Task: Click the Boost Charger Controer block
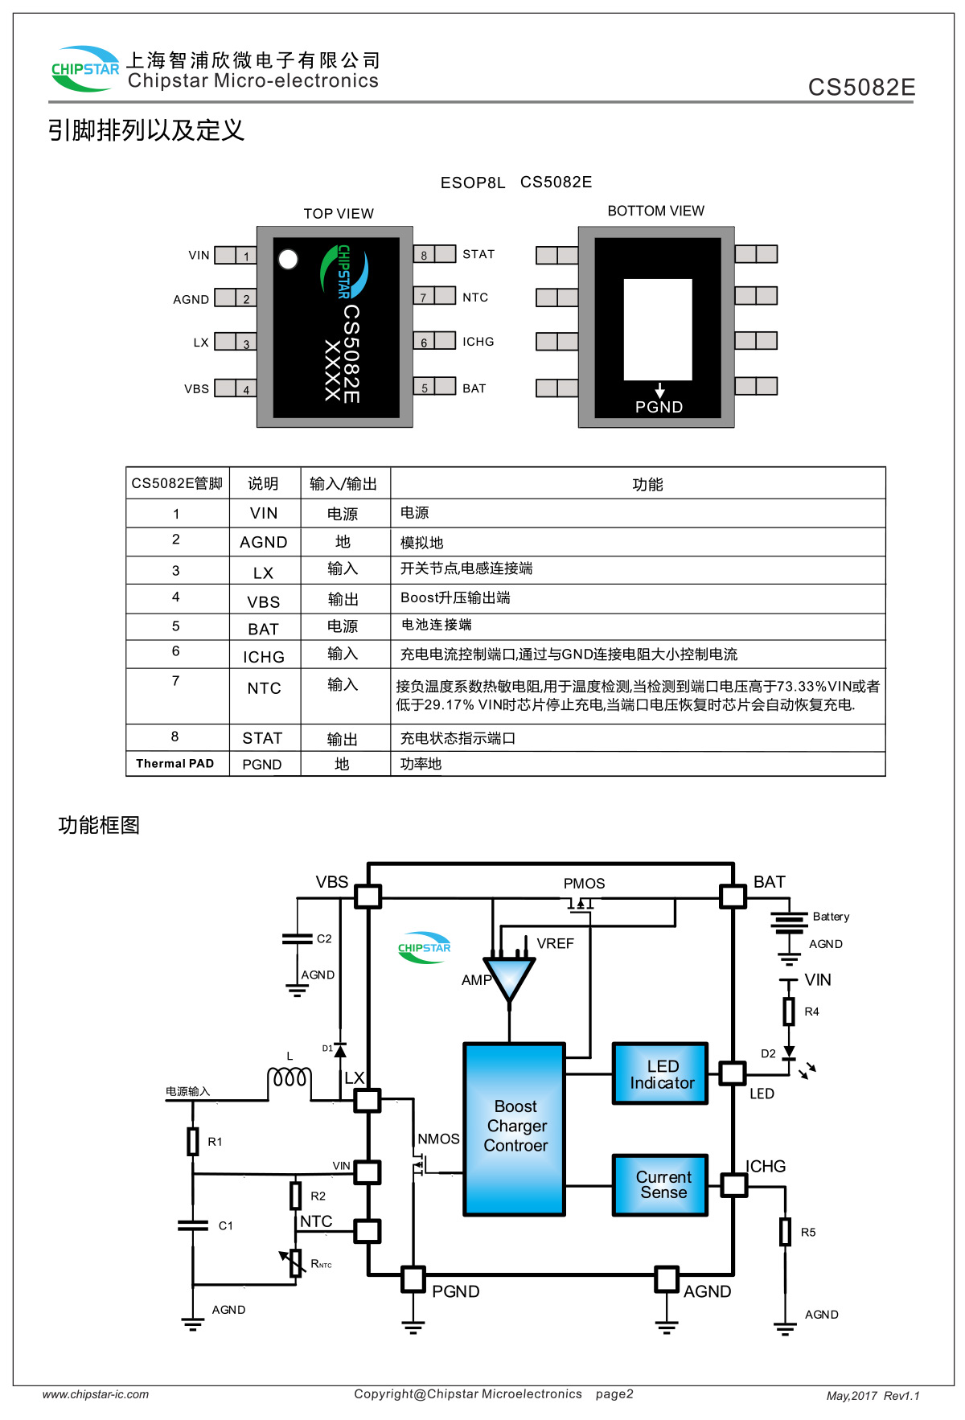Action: click(515, 1127)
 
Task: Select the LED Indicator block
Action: click(661, 1074)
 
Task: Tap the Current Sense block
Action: click(661, 1184)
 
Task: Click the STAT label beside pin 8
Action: click(478, 254)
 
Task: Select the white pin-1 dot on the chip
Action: click(288, 259)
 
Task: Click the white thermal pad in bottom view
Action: click(658, 329)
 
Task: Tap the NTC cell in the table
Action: click(264, 688)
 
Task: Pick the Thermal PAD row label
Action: click(175, 763)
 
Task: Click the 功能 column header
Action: click(647, 484)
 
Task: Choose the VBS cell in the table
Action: click(264, 601)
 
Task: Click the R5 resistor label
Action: click(808, 1232)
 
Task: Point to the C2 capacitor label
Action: click(324, 938)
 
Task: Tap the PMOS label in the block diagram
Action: click(584, 883)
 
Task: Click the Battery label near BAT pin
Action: click(831, 917)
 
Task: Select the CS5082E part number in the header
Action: click(861, 87)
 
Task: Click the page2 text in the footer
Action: click(614, 1394)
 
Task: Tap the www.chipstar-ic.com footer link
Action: click(96, 1394)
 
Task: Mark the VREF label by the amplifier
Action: click(555, 943)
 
